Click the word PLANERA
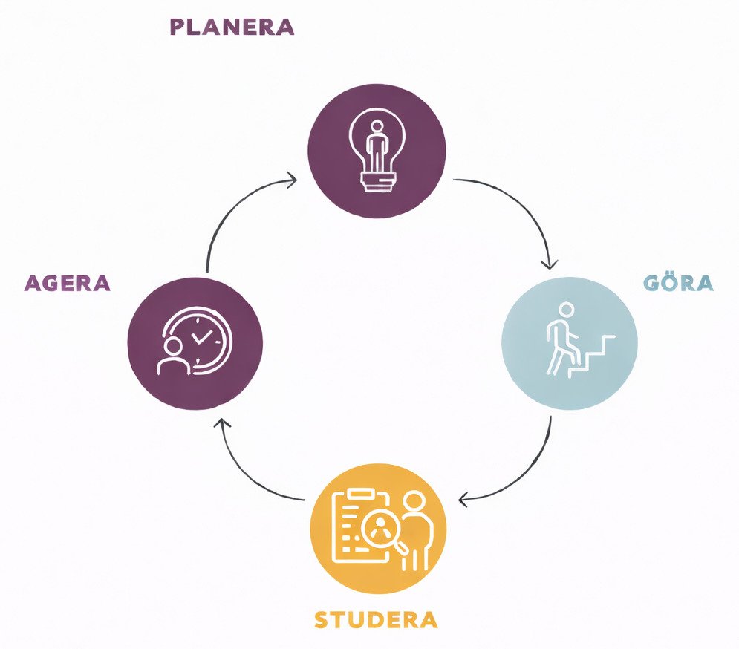(232, 27)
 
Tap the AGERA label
(68, 283)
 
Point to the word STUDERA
(376, 619)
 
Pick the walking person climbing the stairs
(561, 339)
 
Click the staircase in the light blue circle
(591, 356)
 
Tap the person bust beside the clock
(173, 356)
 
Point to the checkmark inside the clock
(202, 336)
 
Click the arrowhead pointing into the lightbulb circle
(292, 179)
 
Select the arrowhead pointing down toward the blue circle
(550, 264)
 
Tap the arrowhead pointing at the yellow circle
(463, 500)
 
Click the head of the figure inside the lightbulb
(377, 127)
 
